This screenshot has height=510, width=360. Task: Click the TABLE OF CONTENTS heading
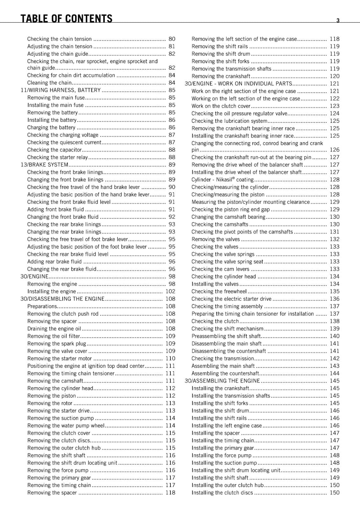pos(66,18)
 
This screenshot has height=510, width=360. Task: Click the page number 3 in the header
pos(338,20)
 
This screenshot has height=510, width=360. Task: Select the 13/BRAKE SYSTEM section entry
pos(44,165)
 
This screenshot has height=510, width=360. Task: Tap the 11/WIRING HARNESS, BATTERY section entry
pos(61,90)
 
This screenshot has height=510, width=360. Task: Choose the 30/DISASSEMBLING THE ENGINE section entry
pos(62,299)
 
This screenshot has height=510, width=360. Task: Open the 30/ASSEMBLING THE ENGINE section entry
pos(222,381)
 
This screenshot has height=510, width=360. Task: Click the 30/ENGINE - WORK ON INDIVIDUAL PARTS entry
pos(238,84)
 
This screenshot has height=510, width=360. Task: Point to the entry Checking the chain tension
pos(59,39)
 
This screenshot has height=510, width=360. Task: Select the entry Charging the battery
pos(51,127)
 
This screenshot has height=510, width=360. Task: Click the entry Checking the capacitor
pos(54,150)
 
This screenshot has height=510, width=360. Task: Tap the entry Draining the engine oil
pos(54,329)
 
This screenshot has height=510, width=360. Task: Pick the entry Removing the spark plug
pos(57,344)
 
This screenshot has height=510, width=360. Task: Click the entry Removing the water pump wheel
pos(66,426)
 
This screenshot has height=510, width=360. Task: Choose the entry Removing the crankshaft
pos(221,76)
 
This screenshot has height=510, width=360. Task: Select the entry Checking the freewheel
pos(219,291)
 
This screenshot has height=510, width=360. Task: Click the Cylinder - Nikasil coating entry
pos(222,180)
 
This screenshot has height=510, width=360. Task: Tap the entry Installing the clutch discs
pos(222,493)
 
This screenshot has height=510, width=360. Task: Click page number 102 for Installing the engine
pos(170,291)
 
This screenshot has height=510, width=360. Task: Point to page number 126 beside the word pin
pos(335,150)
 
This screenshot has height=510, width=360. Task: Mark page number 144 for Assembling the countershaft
pos(335,374)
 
